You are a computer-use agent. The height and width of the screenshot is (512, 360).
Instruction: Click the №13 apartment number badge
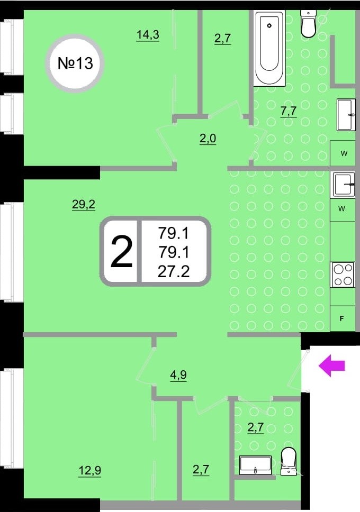pos(75,63)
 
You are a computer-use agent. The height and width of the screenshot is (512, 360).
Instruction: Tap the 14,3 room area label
pos(148,34)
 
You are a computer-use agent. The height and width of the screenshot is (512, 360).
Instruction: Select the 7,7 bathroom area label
pos(289,112)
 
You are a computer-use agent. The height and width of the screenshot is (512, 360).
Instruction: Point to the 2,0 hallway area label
pos(208,139)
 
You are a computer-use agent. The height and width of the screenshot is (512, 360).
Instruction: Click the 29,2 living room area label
pos(84,205)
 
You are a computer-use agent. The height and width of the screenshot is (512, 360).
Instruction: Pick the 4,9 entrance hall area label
pos(178,375)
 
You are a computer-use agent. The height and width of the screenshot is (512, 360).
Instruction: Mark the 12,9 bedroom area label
pos(90,471)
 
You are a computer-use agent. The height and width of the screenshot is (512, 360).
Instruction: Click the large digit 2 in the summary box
pos(122,252)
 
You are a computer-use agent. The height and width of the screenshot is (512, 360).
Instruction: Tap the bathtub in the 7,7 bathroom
pos(269,48)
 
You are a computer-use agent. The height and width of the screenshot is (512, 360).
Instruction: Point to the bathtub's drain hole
pos(269,26)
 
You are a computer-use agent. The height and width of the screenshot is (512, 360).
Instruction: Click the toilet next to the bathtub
pos(308,24)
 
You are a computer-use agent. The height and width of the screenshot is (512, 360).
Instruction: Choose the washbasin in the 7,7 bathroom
pos(346,115)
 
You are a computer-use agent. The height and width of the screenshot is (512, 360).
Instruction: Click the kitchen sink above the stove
pos(343,185)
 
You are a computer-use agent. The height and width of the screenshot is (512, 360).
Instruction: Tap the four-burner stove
pos(343,275)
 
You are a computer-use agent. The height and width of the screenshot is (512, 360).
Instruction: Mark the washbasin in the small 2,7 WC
pos(255,465)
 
